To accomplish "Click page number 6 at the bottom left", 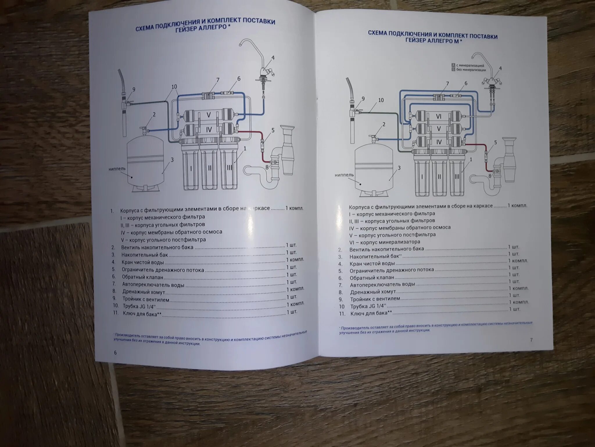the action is (115, 353).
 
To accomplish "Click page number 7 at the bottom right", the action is (531, 340).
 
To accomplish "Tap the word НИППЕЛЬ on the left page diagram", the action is (117, 169).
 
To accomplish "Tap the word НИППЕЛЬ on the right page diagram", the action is (344, 175).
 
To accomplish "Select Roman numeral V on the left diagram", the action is (209, 115).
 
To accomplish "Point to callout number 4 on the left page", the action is (273, 58).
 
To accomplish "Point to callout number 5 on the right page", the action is (496, 143).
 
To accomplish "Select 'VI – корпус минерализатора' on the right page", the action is (385, 242).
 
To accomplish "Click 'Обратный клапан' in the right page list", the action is (372, 278).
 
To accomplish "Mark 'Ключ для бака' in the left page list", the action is (142, 314).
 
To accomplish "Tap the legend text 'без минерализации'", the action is (471, 70).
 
